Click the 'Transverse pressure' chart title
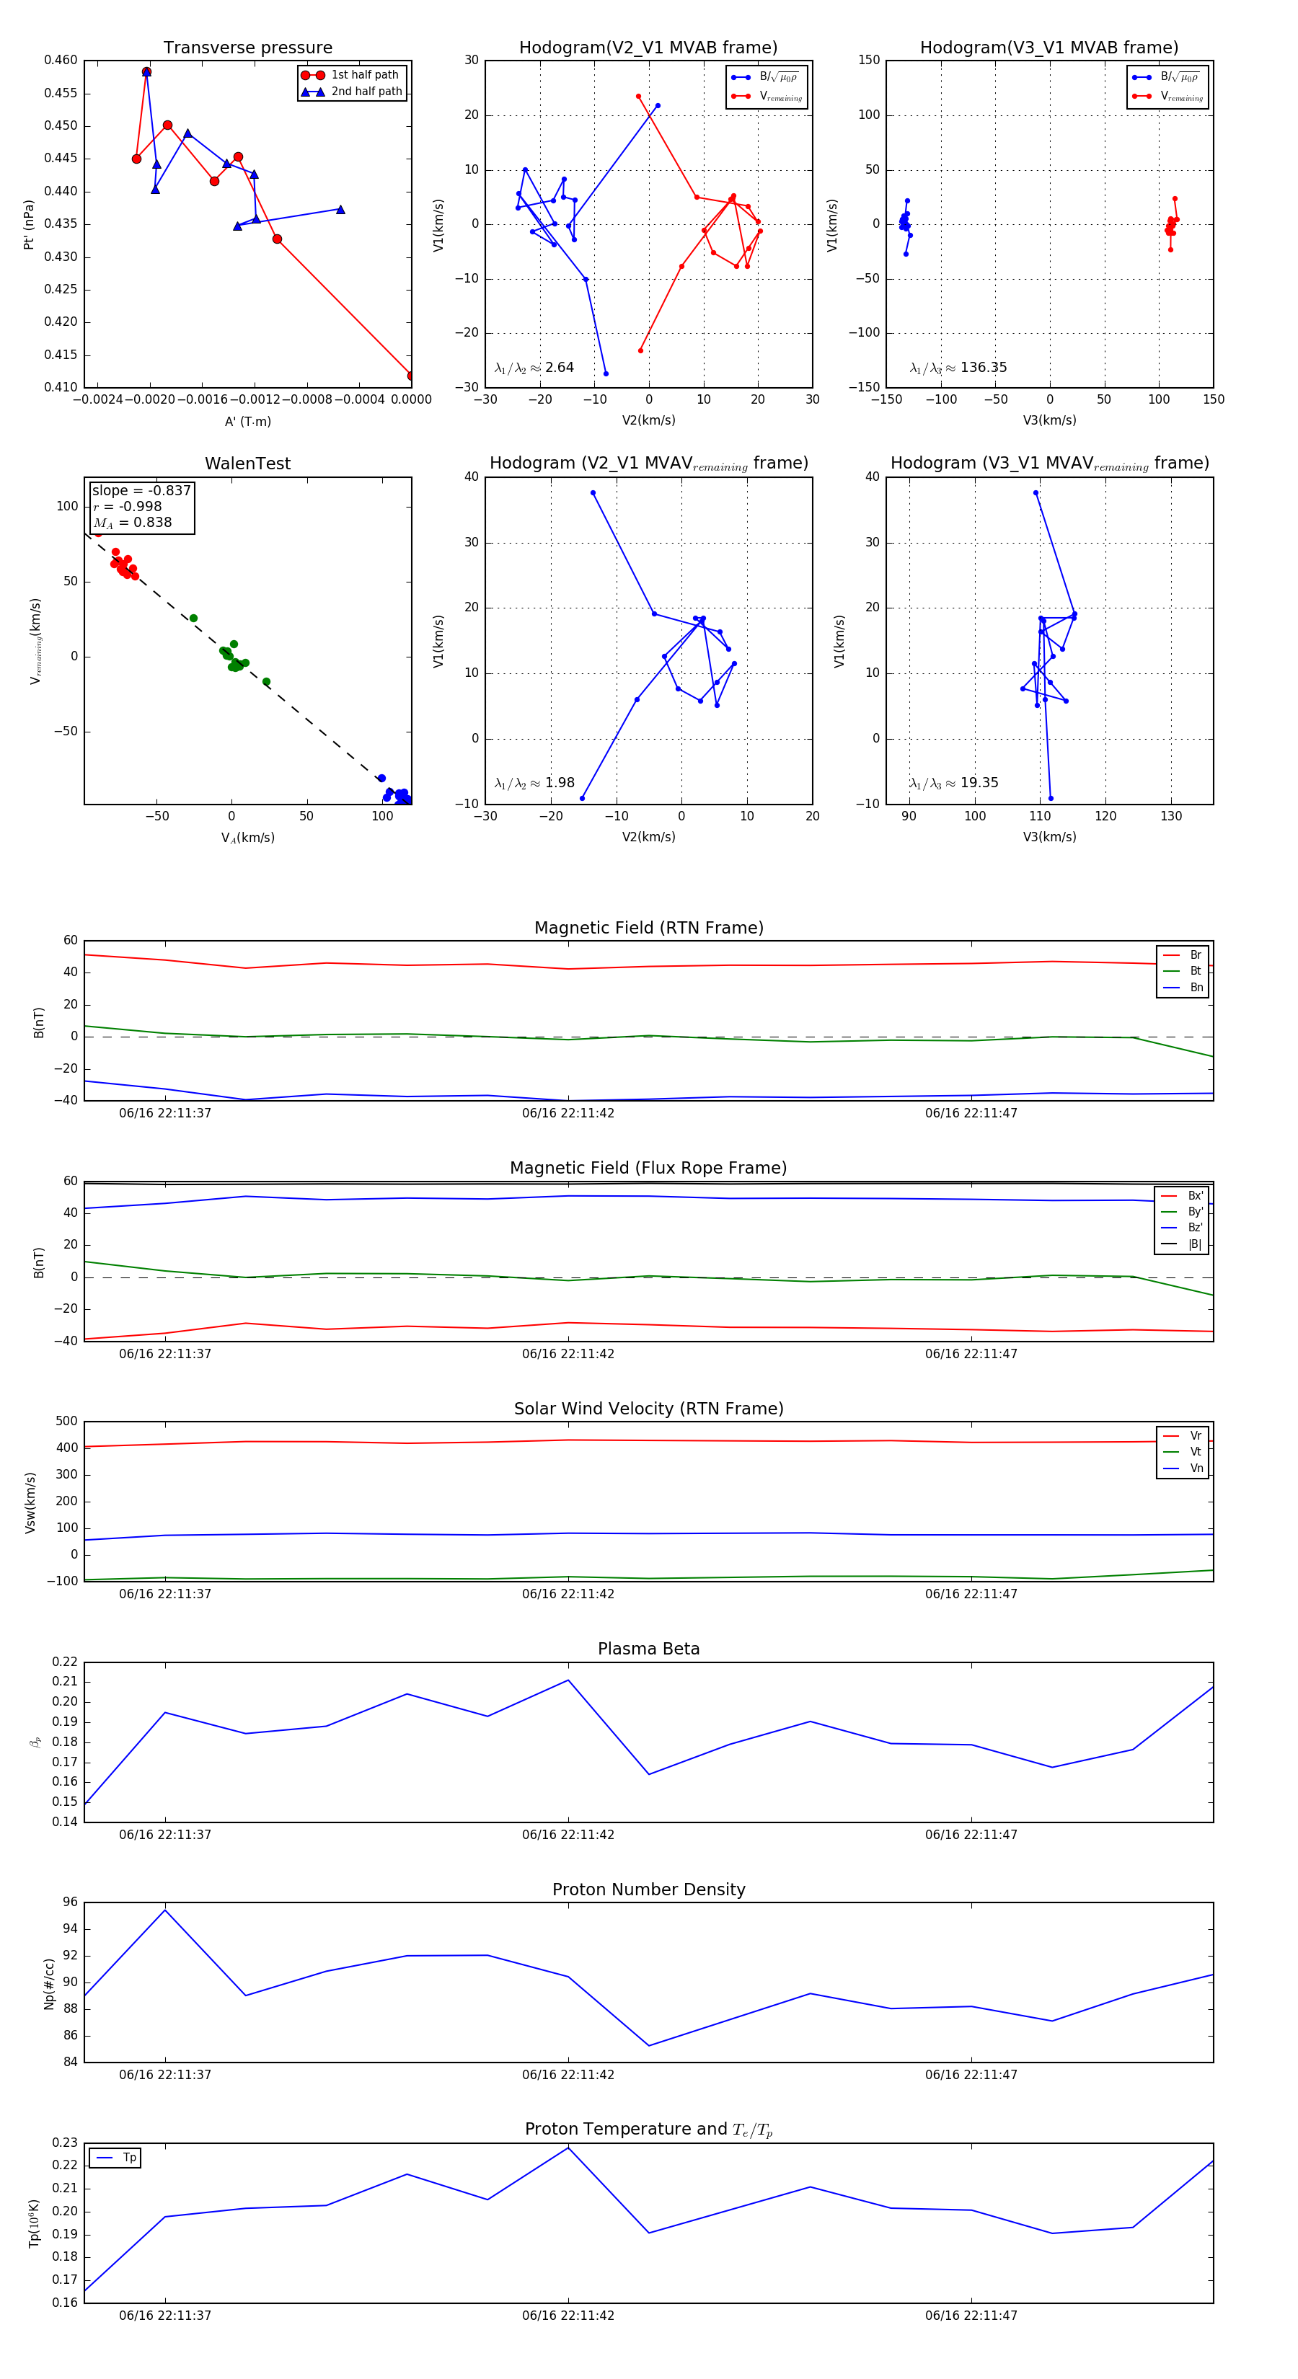[247, 48]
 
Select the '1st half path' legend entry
[364, 75]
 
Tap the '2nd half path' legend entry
[366, 92]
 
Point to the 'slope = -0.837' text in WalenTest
[141, 490]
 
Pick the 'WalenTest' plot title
[247, 464]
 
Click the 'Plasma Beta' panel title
[648, 1649]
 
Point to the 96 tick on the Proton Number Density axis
[70, 1902]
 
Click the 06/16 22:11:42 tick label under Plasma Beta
[568, 1834]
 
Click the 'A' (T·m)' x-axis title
[247, 421]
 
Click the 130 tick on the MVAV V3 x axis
[1170, 816]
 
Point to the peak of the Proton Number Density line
[165, 1910]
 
